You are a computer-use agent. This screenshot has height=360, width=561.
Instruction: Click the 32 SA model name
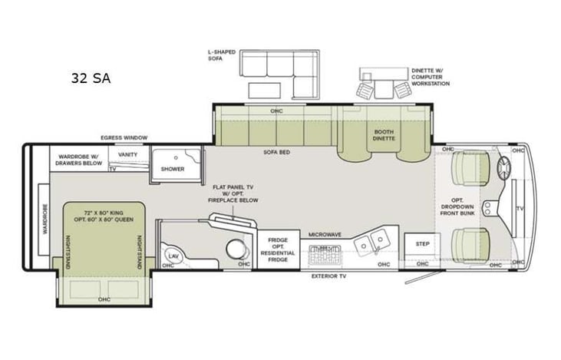[x=91, y=78]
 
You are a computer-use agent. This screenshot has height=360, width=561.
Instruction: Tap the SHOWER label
[x=173, y=168]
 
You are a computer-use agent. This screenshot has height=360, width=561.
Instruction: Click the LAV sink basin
[x=173, y=256]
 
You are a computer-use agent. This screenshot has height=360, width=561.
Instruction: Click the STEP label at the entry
[x=422, y=244]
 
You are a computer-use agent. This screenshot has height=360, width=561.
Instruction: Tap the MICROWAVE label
[x=325, y=234]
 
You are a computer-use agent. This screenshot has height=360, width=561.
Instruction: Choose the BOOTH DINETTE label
[x=383, y=136]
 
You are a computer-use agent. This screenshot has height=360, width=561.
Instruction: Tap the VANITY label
[x=127, y=154]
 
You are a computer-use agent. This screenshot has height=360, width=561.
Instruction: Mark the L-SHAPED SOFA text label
[x=220, y=54]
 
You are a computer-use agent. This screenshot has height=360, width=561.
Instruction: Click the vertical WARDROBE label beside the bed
[x=45, y=218]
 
